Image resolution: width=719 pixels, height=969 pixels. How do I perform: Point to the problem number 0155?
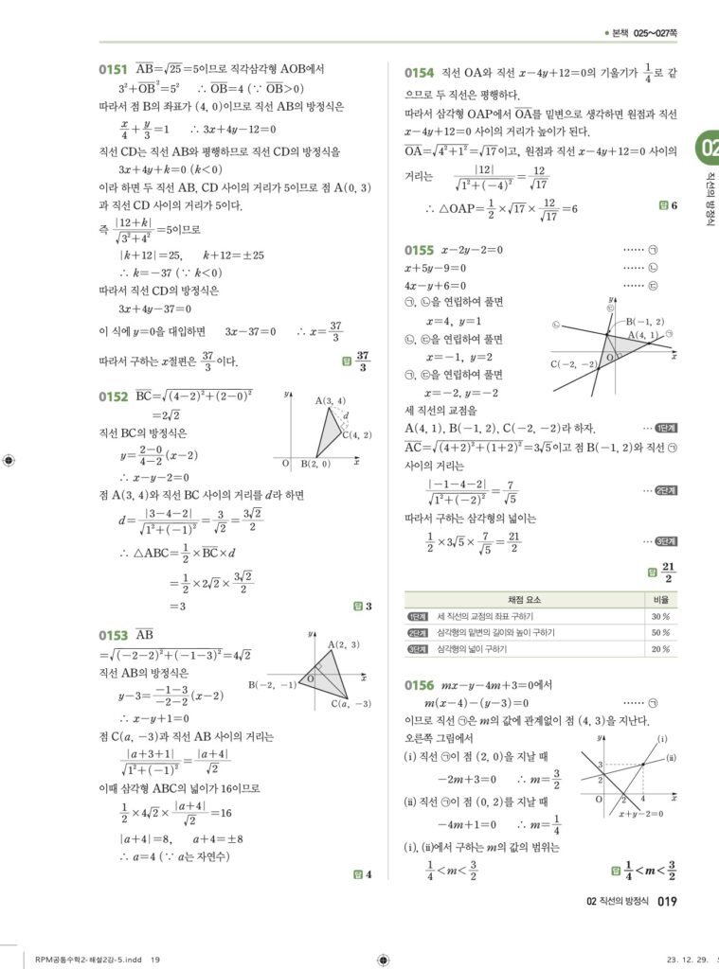coord(419,251)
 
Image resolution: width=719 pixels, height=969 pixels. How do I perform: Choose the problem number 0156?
coord(419,685)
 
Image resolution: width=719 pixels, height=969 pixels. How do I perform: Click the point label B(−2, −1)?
coord(272,683)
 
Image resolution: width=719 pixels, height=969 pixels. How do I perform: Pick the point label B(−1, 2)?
coord(644,322)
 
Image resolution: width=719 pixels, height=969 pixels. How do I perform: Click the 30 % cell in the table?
coord(660,616)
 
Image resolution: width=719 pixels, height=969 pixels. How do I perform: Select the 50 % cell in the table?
coord(660,632)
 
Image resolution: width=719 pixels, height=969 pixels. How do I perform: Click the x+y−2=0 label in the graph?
coord(640,813)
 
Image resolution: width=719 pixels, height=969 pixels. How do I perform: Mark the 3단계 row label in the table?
coord(418,649)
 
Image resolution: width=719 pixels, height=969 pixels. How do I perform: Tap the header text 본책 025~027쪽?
coord(645,33)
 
